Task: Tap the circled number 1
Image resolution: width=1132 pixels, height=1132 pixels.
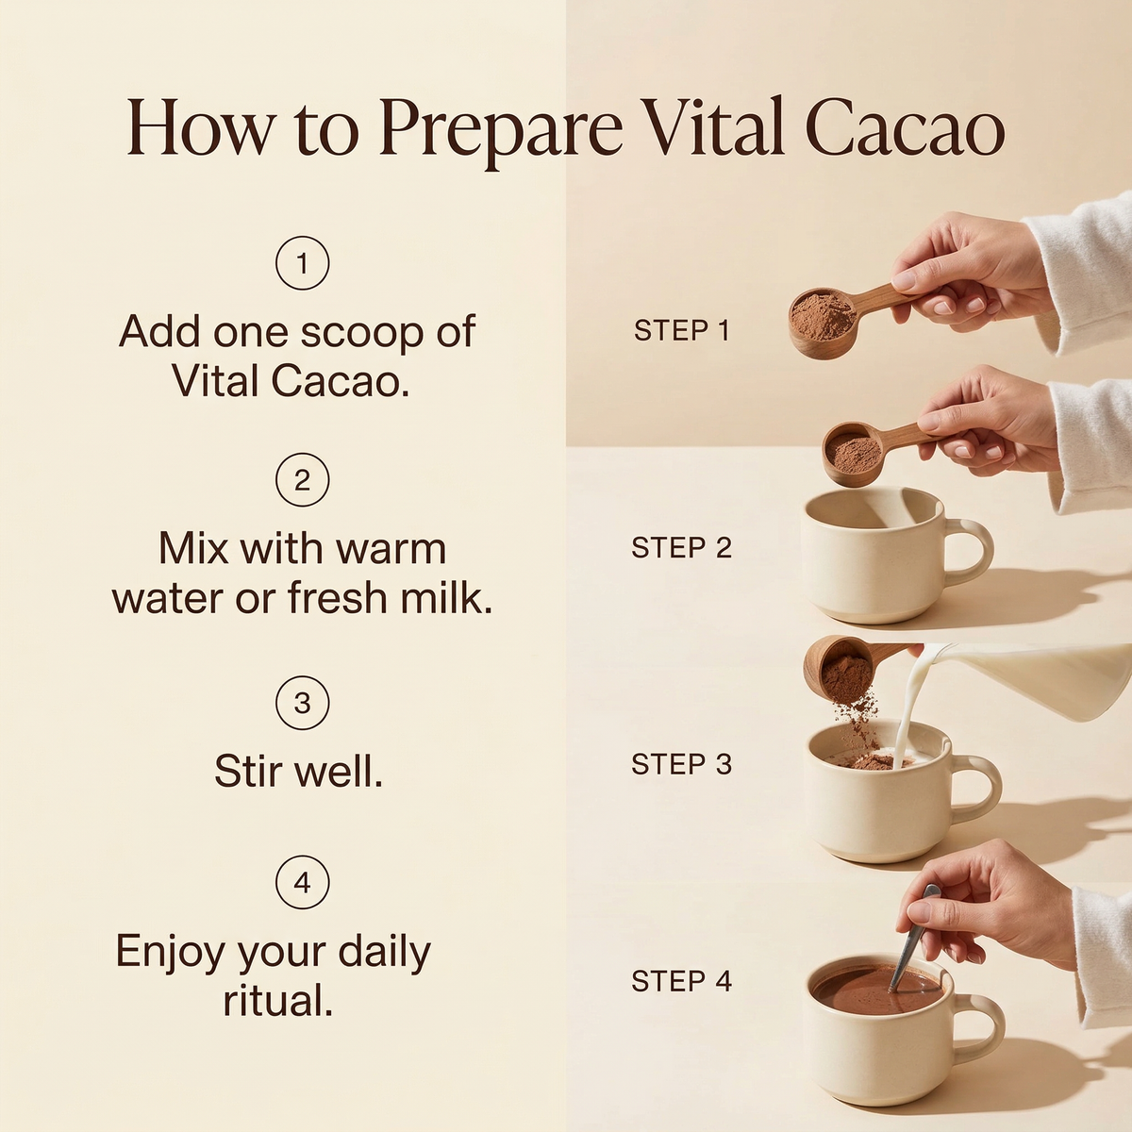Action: (x=303, y=263)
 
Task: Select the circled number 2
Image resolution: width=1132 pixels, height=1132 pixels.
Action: (x=303, y=480)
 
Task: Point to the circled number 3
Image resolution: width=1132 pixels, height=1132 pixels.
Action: (x=303, y=703)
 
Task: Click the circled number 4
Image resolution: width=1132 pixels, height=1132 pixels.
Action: (x=303, y=882)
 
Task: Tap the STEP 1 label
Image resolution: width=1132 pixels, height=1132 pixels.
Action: (x=682, y=331)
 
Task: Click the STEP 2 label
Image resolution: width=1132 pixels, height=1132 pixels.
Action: (x=682, y=547)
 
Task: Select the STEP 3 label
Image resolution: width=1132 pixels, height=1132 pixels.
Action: (x=682, y=764)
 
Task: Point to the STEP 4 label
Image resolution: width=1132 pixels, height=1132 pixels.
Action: (x=682, y=981)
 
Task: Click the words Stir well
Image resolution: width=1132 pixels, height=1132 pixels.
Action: (x=298, y=770)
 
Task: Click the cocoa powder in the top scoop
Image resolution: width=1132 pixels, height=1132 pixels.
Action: (x=823, y=313)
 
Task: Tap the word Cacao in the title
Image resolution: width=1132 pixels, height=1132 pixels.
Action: (x=905, y=130)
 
